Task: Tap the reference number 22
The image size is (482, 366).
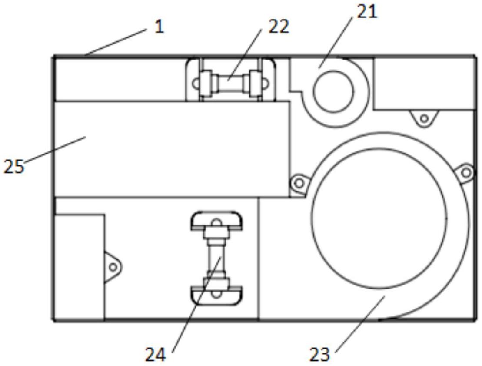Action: point(279,27)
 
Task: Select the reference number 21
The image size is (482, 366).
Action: point(367,12)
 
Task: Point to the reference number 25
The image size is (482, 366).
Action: point(13,167)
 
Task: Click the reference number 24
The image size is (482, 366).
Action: point(155,355)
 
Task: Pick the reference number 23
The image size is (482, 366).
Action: point(319,355)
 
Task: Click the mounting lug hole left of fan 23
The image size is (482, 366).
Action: point(299,183)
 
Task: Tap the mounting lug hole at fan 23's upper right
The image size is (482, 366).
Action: point(465,172)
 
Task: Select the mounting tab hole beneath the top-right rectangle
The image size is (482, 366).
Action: point(424,118)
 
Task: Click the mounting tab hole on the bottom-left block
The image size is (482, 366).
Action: point(113,266)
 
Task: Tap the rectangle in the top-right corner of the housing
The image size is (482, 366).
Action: point(423,83)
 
